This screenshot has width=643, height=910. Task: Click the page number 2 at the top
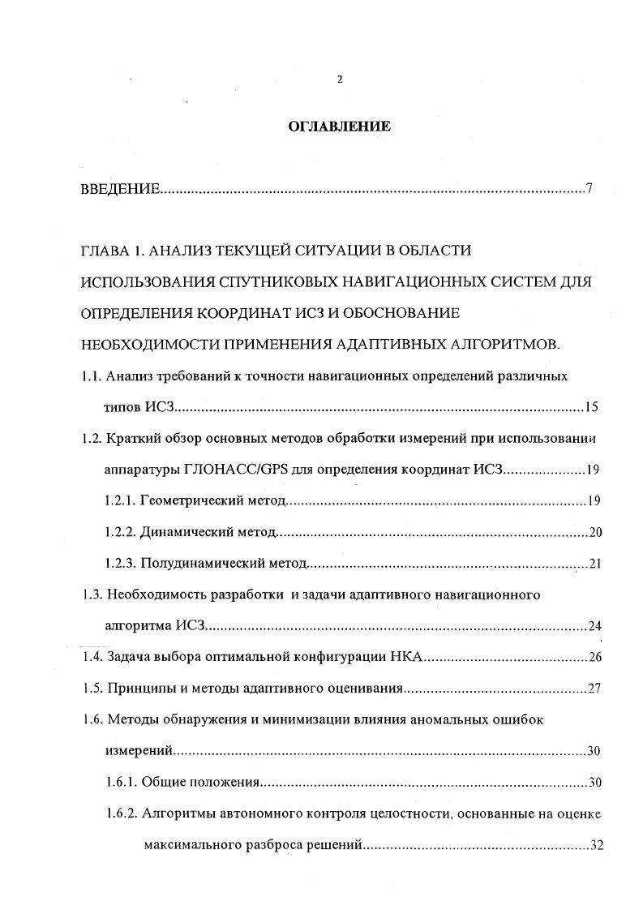point(340,79)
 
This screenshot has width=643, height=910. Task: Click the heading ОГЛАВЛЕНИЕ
point(340,127)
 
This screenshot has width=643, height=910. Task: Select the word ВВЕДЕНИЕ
point(120,190)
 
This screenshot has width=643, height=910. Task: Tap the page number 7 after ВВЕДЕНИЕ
point(589,190)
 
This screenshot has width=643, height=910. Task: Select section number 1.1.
point(89,376)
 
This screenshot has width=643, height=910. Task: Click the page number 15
point(591,407)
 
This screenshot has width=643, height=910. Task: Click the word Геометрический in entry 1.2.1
point(186,500)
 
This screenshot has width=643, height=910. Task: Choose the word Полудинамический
point(199,563)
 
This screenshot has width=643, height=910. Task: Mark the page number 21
point(594,564)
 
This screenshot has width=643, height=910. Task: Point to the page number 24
point(594,626)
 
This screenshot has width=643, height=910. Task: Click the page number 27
point(594,689)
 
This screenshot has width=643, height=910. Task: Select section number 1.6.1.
point(121,783)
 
